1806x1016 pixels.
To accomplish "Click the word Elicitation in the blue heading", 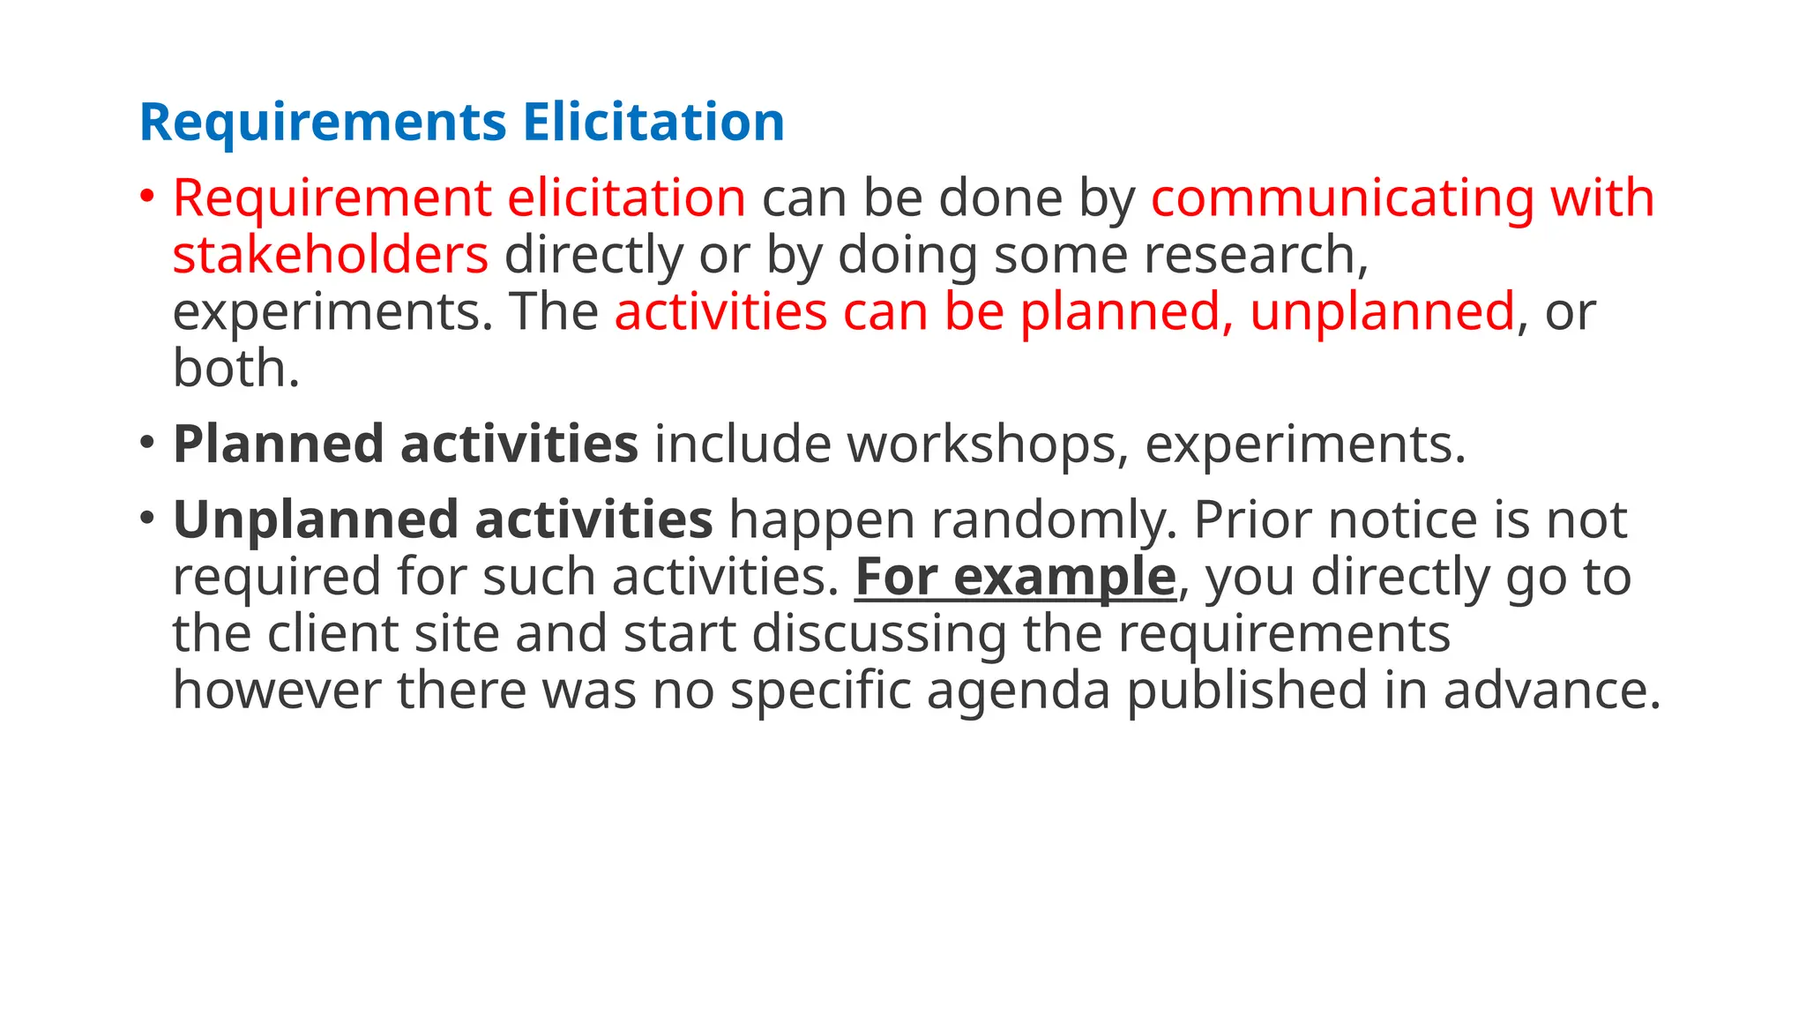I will (653, 122).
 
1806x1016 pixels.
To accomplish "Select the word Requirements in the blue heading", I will (323, 122).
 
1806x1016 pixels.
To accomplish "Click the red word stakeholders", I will (330, 255).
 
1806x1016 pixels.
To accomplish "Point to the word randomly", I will (1053, 519).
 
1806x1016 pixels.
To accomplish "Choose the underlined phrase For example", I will (1015, 577).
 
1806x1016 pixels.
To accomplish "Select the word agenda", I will (1018, 690).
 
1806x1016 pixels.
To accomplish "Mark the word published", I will (1247, 690).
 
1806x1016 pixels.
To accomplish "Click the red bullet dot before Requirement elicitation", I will (147, 194).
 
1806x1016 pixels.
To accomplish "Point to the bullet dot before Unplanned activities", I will (147, 516).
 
